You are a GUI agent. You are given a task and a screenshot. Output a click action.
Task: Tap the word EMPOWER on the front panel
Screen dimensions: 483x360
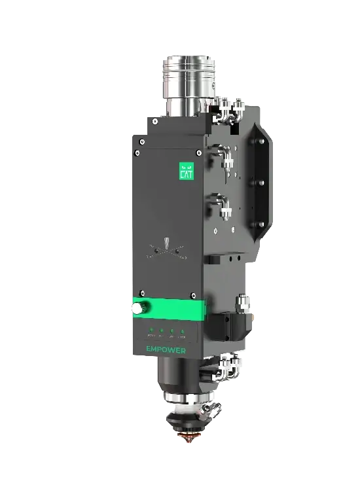pos(167,350)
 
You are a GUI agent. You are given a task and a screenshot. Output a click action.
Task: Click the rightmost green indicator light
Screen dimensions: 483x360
pos(183,331)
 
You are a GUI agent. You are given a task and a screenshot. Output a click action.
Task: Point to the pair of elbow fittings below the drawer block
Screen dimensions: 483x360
pos(229,367)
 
